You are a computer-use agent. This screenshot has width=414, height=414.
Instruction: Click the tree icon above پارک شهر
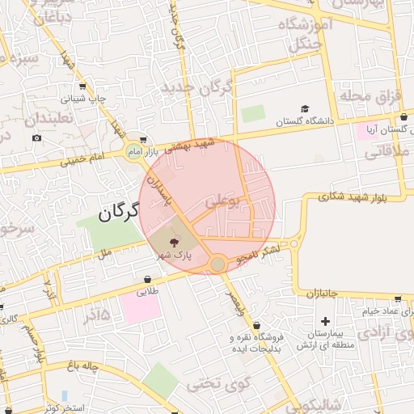[174, 242]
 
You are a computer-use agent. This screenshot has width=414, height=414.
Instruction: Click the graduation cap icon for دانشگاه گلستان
[305, 109]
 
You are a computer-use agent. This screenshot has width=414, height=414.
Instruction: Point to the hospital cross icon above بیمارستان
[326, 321]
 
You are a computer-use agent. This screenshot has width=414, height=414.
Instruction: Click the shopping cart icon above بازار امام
[143, 139]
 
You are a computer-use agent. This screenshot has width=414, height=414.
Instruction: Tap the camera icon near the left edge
[37, 137]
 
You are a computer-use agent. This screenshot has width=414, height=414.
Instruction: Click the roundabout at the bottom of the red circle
[218, 264]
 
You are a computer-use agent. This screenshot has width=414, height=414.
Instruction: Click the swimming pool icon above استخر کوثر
[65, 395]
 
